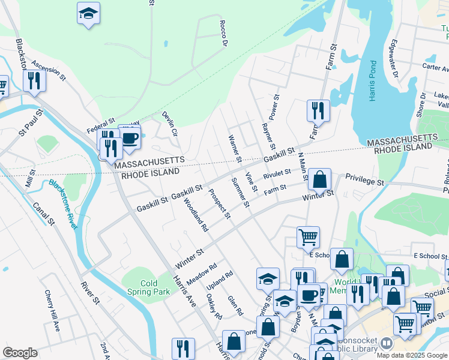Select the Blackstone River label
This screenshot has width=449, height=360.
tap(63, 204)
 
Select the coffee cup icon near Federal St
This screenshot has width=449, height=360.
tap(130, 139)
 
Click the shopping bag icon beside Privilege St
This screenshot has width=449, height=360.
tap(321, 179)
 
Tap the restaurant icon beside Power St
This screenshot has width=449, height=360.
tap(318, 110)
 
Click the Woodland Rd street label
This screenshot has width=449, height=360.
tap(196, 215)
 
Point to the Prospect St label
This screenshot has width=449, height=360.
tap(220, 204)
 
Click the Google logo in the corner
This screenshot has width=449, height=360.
tap(20, 352)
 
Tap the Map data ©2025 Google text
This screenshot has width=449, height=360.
tap(411, 355)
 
